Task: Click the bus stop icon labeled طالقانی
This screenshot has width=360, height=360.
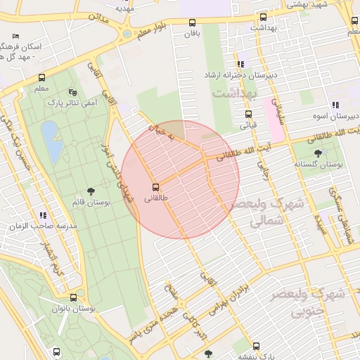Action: [x=155, y=187]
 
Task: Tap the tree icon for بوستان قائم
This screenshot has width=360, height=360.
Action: [x=91, y=191]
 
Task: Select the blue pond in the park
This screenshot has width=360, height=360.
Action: [x=50, y=133]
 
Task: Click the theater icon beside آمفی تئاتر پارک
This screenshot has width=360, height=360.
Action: [x=72, y=92]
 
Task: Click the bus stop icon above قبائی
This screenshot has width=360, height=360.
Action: [x=248, y=115]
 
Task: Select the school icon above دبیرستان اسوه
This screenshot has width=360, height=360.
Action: [x=335, y=105]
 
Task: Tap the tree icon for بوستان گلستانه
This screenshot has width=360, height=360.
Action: [x=319, y=153]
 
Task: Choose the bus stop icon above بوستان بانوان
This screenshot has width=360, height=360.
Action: [x=74, y=297]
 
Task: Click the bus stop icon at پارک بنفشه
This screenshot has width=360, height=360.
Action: [x=256, y=346]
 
